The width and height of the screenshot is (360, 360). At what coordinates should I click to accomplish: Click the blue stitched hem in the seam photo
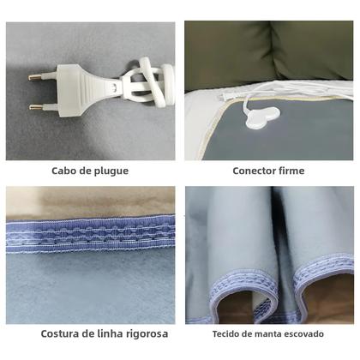pyautogui.click(x=90, y=235)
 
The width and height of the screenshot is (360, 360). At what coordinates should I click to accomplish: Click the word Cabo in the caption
pyautogui.click(x=65, y=171)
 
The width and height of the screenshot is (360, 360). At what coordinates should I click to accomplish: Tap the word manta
pyautogui.click(x=267, y=333)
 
